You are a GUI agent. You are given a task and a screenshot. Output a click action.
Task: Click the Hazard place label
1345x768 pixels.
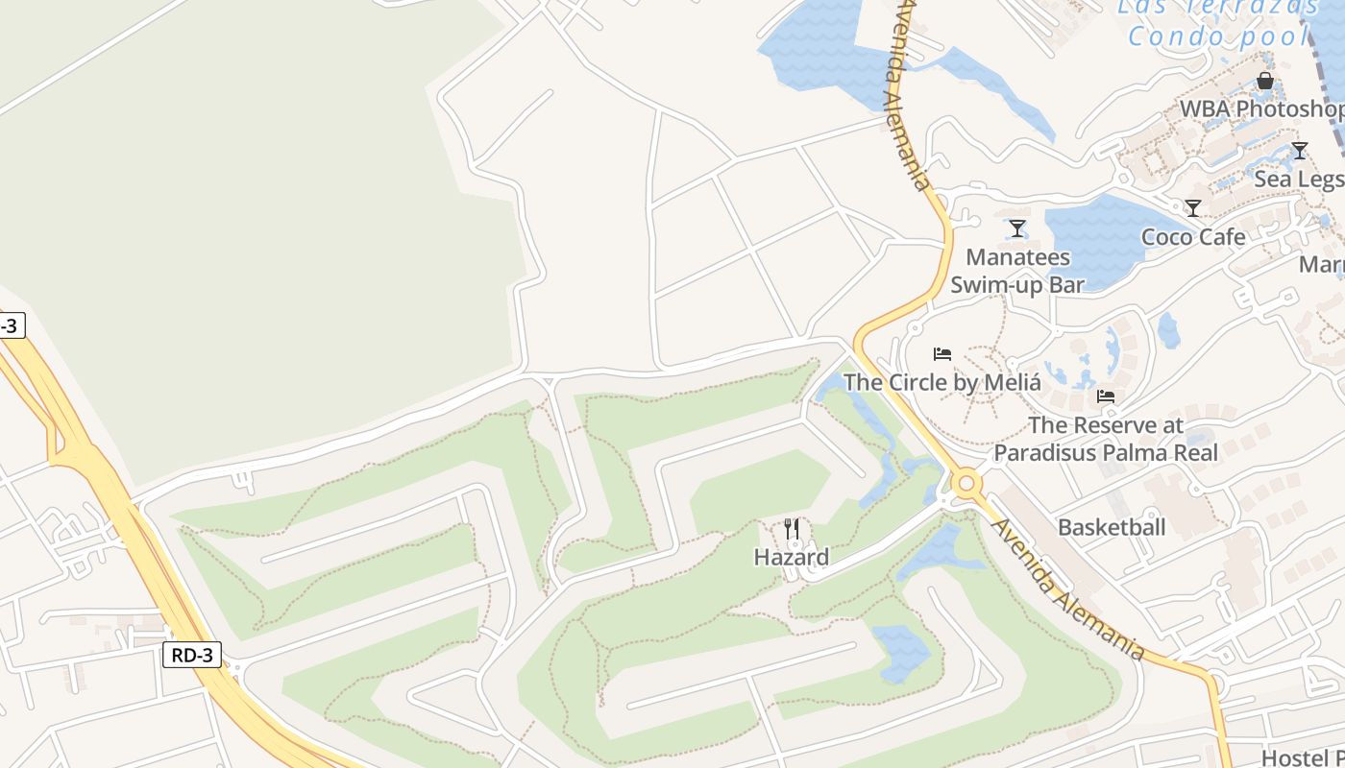tap(791, 557)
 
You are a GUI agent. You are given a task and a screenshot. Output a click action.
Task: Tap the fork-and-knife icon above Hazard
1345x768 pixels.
tap(791, 528)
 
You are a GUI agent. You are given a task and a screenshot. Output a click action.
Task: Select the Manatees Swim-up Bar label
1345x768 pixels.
tap(1017, 271)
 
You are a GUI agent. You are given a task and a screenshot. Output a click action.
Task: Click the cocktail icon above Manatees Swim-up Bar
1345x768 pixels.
tap(1017, 228)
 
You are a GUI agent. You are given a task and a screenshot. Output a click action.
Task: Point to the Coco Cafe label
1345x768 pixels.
tap(1192, 236)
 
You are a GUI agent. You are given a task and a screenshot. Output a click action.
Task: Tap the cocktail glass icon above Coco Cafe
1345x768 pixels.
tap(1192, 208)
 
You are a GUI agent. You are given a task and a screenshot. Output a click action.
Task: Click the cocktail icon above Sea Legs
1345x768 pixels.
tap(1299, 151)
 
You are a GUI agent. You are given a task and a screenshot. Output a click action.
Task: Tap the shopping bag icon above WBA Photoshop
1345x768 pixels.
tap(1265, 81)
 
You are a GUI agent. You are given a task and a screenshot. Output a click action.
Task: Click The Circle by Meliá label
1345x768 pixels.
tap(941, 382)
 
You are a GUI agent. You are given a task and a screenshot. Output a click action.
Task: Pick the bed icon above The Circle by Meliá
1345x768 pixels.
tap(941, 354)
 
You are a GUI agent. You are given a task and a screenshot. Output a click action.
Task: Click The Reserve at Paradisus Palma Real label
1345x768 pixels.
tap(1106, 439)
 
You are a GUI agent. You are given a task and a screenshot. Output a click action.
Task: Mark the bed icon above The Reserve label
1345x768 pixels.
tap(1106, 396)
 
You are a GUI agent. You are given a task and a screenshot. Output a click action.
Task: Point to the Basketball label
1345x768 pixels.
tap(1112, 527)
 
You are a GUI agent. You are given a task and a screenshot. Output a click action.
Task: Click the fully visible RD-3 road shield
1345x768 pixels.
tap(193, 656)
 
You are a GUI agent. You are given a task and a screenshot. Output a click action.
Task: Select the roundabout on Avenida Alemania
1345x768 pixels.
tap(966, 483)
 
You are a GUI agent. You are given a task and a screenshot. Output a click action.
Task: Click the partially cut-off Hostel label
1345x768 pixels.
tap(1302, 757)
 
